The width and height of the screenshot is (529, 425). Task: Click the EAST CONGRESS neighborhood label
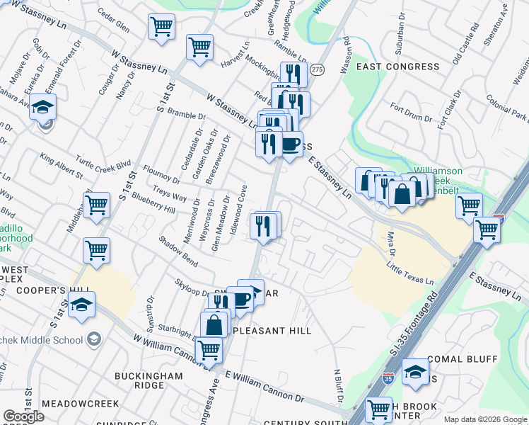point(397,67)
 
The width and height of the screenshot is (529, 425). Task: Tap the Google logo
point(23,416)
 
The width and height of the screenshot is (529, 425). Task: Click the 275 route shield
point(317,69)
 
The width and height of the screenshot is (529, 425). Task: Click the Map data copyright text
point(484,419)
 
